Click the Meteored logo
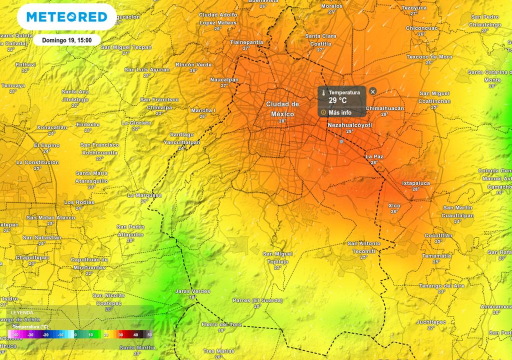point(66,17)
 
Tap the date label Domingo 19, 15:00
point(66,40)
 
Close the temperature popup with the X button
point(372,91)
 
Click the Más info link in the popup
point(340,112)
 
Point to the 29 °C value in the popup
point(337,101)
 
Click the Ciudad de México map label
point(282,109)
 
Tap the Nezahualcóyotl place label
point(350,124)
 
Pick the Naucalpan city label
point(224,79)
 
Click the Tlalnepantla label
point(246,42)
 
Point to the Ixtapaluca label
point(416,183)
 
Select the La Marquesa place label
point(144,195)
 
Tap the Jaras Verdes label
point(192,291)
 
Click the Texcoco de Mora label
point(429,57)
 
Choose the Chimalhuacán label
point(384,108)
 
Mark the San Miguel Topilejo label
point(278,257)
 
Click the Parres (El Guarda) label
point(257,300)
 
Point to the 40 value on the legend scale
point(135,334)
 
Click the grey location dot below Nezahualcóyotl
point(341,141)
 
